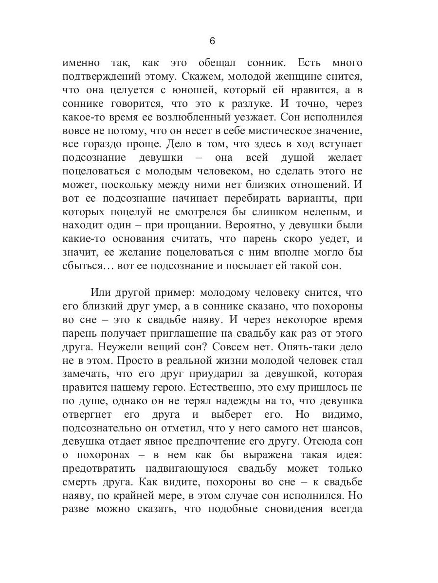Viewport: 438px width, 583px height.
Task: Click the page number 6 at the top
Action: pyautogui.click(x=212, y=41)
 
